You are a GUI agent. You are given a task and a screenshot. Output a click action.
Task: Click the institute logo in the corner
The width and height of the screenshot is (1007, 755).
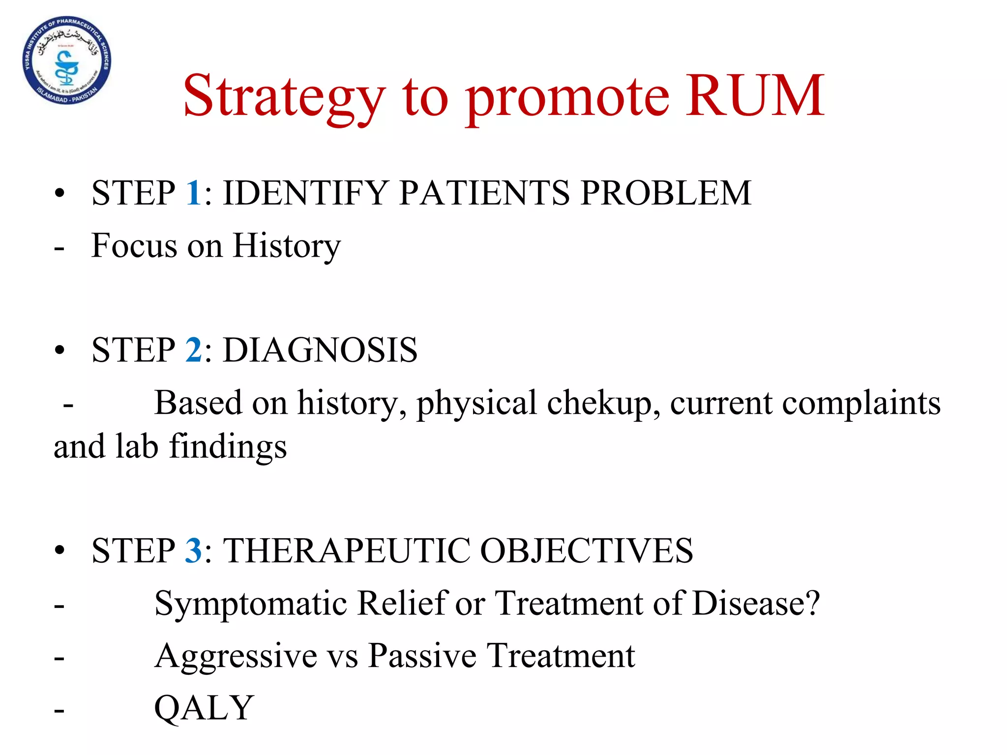point(67,60)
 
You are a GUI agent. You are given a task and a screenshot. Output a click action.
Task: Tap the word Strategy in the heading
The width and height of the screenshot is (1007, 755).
point(284,96)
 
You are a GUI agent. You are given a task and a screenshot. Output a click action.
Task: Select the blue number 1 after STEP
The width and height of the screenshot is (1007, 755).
point(193,192)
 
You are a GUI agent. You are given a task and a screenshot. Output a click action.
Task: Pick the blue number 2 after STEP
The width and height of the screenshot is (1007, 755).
point(193,350)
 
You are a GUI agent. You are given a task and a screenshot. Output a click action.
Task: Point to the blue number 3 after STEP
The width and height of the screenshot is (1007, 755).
point(193,550)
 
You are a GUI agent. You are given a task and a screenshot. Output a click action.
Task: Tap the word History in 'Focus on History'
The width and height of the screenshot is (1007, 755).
point(286,245)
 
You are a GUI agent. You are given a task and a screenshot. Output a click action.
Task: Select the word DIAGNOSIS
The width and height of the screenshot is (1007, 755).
point(320,350)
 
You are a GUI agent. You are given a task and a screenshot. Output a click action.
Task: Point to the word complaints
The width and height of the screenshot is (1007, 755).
point(861,403)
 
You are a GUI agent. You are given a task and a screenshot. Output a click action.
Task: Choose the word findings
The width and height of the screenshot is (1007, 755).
point(228,447)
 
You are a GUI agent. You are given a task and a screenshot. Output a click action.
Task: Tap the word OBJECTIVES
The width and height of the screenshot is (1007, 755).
point(586,550)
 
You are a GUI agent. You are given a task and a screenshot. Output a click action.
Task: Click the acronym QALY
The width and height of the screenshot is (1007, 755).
point(204,708)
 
